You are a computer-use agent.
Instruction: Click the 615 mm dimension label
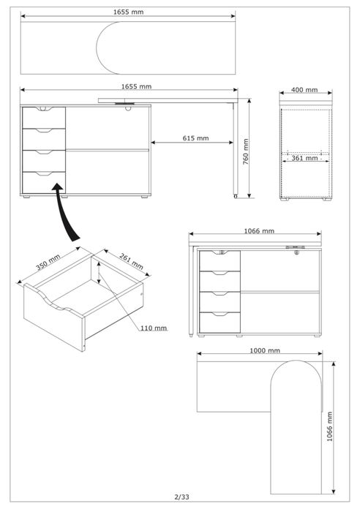[195, 138]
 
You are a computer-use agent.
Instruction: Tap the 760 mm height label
[246, 151]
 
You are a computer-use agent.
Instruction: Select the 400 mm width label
[304, 89]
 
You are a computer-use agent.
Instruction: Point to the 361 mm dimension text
[304, 158]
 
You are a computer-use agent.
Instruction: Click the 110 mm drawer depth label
[154, 328]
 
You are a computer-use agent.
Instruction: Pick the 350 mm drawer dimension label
[48, 262]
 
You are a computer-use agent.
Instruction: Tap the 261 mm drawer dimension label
[131, 261]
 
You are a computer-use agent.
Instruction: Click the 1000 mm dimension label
[265, 350]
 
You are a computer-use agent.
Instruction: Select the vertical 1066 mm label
[329, 426]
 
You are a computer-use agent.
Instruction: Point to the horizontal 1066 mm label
[259, 231]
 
